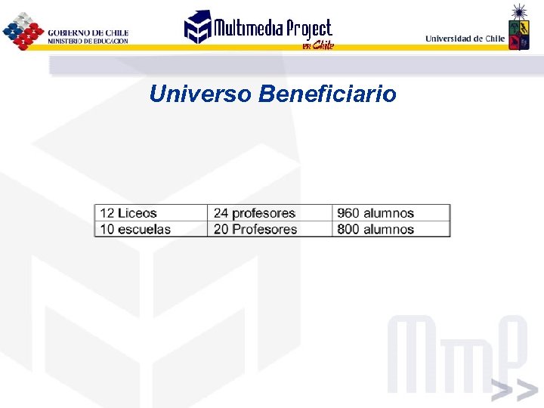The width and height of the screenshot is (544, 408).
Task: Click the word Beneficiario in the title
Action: (x=327, y=94)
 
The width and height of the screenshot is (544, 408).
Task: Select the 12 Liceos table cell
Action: (x=128, y=213)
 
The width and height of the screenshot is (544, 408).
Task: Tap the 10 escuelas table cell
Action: (x=135, y=229)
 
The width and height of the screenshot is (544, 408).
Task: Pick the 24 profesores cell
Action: (x=255, y=213)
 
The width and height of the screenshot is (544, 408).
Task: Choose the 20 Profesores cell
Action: (x=255, y=229)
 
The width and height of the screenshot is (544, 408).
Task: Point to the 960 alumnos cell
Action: (x=376, y=213)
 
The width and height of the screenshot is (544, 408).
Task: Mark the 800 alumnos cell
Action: (x=376, y=229)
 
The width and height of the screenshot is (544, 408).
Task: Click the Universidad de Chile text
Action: (x=465, y=39)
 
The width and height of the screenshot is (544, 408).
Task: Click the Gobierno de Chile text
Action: (x=88, y=32)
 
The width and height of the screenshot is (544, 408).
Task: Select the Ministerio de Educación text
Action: (x=88, y=41)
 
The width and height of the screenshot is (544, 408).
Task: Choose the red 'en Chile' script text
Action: (x=317, y=45)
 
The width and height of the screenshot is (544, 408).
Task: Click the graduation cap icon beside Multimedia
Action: (x=198, y=27)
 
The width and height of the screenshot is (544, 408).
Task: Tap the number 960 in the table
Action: (x=348, y=213)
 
